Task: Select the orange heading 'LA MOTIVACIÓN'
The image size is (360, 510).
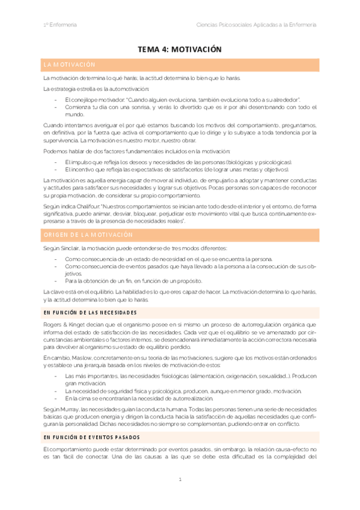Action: pos(69,64)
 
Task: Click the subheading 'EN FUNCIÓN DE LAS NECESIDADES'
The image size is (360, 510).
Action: pos(90,313)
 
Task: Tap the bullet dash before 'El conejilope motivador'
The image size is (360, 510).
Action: pos(56,99)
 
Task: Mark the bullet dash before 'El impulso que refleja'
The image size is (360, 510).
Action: pos(56,162)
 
